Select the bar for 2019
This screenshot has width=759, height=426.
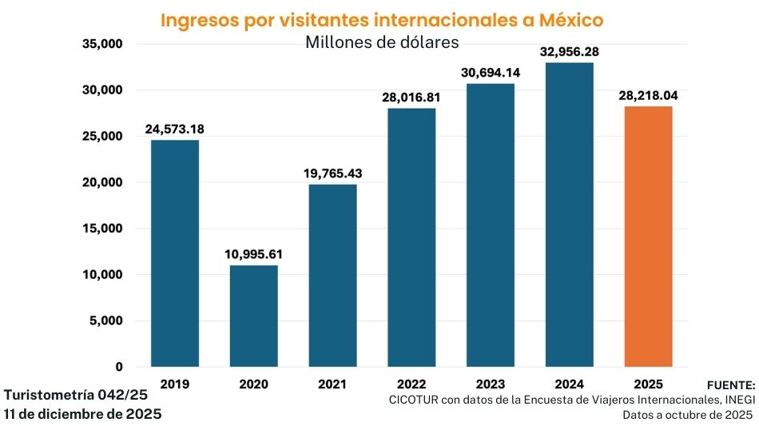(175, 253)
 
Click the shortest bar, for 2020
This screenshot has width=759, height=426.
(254, 316)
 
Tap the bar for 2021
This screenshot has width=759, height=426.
(333, 275)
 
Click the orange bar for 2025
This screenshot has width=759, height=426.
(648, 237)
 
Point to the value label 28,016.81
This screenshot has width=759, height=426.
(412, 97)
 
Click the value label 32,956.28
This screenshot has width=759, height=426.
(570, 51)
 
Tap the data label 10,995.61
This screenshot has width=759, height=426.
(254, 254)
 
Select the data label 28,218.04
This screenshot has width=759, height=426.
(648, 96)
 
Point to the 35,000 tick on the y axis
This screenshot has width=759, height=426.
(101, 44)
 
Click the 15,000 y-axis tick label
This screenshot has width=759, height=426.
(101, 229)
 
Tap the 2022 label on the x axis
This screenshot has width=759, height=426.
(412, 384)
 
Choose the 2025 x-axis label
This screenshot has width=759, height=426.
(648, 384)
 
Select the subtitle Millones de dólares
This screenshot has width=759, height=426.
(382, 42)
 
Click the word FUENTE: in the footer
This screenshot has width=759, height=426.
(730, 384)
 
